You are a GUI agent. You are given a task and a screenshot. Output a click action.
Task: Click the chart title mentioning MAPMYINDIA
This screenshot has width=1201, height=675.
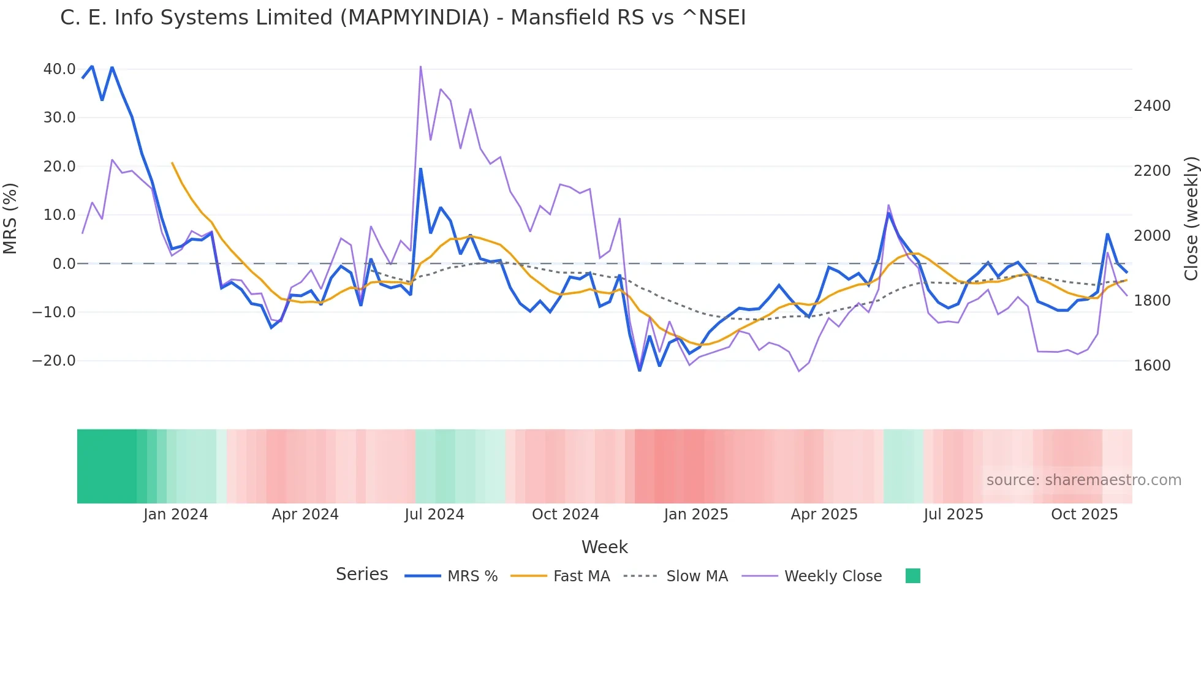pos(403,18)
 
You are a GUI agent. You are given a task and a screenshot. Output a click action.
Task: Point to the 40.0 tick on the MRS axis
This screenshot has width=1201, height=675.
pos(59,69)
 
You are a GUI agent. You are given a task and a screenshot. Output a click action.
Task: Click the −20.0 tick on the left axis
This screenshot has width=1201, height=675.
pos(54,361)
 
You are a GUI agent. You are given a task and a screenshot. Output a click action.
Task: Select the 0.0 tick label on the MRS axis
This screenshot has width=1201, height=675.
pos(64,264)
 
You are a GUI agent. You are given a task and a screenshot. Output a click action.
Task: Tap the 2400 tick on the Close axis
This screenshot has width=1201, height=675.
pos(1152,106)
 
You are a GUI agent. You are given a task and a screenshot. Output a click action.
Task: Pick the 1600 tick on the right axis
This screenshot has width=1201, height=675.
pos(1152,366)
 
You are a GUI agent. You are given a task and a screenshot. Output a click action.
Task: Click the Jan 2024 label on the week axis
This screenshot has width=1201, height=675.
pos(175,515)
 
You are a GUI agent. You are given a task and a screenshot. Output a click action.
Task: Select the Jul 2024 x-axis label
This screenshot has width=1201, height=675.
pos(434,515)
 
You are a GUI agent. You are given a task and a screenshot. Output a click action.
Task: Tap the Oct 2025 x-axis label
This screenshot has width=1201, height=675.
pos(1084,515)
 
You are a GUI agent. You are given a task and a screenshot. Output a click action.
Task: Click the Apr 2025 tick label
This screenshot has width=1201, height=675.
pos(824,515)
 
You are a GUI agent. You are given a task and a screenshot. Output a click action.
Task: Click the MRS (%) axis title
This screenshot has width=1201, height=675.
pos(10,218)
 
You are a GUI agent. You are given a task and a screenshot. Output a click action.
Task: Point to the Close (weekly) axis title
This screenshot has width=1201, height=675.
pos(1191,218)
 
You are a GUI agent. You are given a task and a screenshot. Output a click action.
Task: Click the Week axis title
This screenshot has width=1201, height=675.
pos(604,547)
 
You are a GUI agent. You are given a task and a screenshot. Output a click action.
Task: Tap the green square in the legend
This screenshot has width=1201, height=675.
pos(912,576)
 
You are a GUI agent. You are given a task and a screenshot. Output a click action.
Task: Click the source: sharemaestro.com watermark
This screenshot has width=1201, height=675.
pos(1083,480)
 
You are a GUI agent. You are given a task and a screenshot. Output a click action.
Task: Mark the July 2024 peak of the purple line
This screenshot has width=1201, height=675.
pos(420,66)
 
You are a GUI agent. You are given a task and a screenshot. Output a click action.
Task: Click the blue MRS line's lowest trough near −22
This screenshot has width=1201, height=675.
pos(640,371)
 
